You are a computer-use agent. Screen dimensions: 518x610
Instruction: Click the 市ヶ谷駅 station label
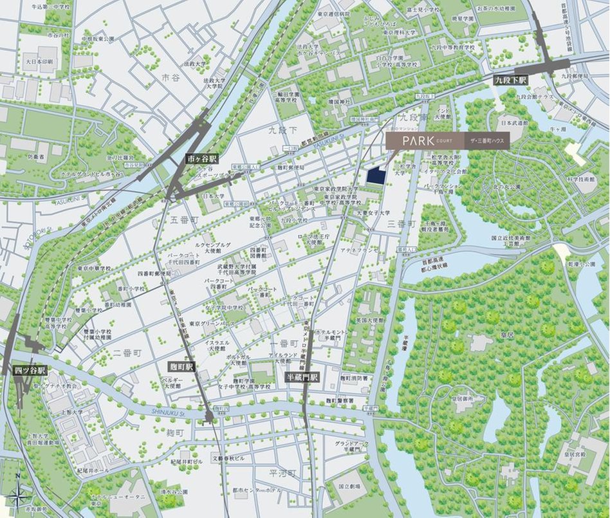coord(201,158)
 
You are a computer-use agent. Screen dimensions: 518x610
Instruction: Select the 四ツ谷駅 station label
coord(30,371)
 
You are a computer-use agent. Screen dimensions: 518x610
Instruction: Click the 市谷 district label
coord(171,77)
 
